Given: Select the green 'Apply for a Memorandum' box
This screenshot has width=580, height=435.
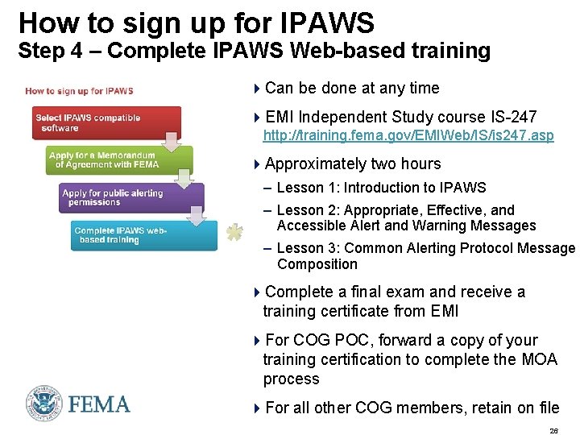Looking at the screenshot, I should pyautogui.click(x=118, y=160).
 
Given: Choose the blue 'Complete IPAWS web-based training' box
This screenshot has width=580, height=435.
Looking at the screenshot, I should pyautogui.click(x=143, y=235).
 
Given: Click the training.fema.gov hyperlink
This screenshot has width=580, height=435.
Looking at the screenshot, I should pyautogui.click(x=408, y=135).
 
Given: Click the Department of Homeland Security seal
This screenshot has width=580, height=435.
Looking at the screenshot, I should pyautogui.click(x=43, y=403).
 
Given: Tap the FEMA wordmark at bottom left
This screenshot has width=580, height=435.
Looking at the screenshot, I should pyautogui.click(x=99, y=404).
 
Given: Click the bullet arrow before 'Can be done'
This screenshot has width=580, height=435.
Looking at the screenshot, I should pyautogui.click(x=257, y=89).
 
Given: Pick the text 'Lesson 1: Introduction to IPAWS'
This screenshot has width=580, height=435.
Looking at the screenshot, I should pyautogui.click(x=381, y=188).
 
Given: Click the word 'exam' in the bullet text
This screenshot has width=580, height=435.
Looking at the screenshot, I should pyautogui.click(x=394, y=292).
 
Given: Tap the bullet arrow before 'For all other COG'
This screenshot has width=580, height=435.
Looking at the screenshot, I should pyautogui.click(x=257, y=408).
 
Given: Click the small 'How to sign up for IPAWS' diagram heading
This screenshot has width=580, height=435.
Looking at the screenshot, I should pyautogui.click(x=79, y=91).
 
